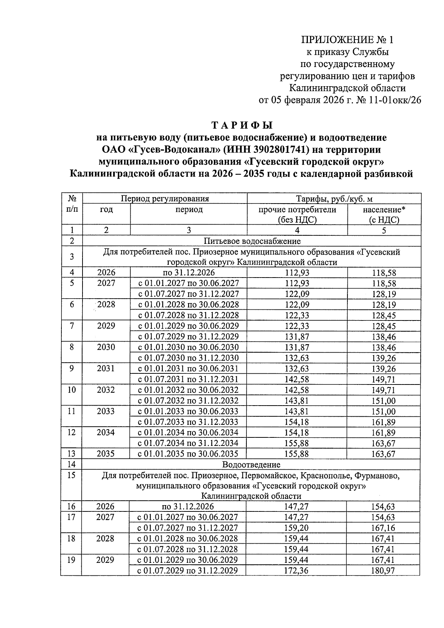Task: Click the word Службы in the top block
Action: [370, 52]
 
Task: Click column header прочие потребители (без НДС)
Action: [297, 214]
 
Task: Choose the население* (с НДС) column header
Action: [384, 214]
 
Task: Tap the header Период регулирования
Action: [165, 199]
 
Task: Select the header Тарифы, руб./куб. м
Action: [334, 199]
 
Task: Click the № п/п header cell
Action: [72, 204]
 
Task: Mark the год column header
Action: [106, 209]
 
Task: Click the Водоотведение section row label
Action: [251, 464]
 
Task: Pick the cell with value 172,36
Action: [296, 570]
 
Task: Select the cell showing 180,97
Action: [383, 570]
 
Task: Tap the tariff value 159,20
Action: [296, 528]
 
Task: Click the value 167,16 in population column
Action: [383, 528]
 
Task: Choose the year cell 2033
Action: [106, 411]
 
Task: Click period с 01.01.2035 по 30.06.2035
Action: [188, 454]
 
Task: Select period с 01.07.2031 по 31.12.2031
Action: [188, 379]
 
